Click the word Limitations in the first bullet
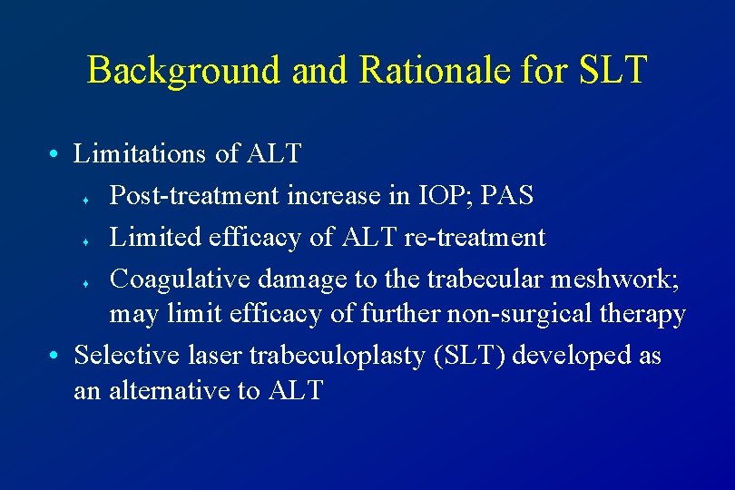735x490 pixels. click(x=142, y=154)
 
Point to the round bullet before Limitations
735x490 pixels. click(x=56, y=155)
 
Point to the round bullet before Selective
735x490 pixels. click(x=56, y=356)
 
